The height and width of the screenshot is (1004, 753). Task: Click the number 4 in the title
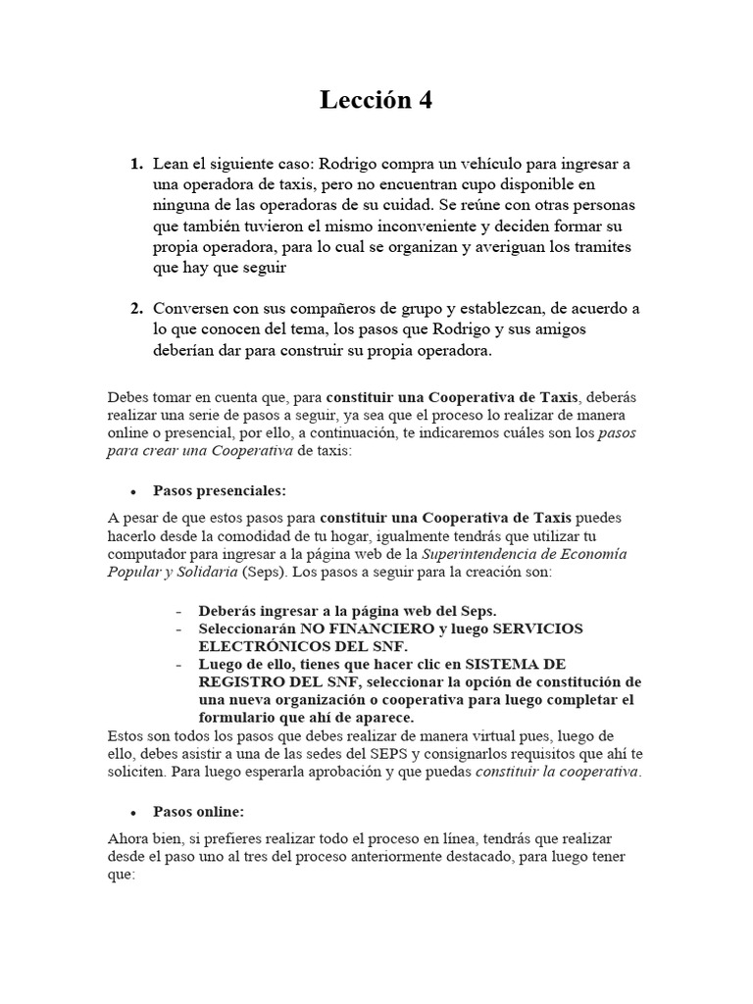424,100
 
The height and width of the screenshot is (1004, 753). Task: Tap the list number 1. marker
137,163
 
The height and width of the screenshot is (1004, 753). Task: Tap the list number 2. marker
137,308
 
